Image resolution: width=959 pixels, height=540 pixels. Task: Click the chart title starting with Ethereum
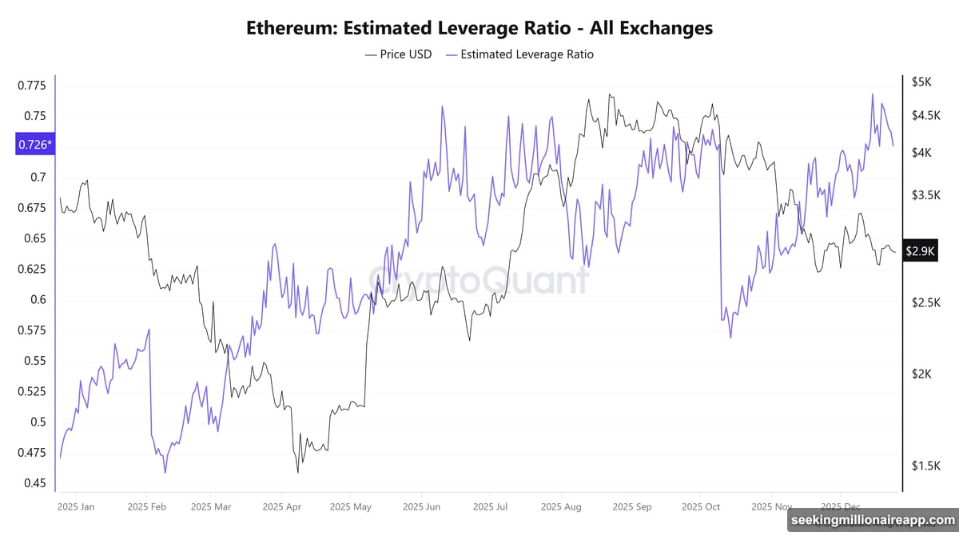[x=479, y=28]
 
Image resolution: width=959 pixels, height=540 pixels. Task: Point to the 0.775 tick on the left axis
[x=33, y=85]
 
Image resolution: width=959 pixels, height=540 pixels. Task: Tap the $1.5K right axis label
[x=925, y=466]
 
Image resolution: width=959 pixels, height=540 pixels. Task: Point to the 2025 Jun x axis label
[x=421, y=506]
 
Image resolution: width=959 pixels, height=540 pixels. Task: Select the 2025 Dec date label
[x=840, y=506]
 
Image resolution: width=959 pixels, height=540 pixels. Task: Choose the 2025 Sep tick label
[x=632, y=506]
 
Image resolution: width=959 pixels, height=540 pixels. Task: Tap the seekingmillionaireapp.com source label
[x=872, y=521]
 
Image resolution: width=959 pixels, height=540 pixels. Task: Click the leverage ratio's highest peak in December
[x=872, y=94]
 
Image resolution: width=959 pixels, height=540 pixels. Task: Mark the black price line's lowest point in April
[x=297, y=473]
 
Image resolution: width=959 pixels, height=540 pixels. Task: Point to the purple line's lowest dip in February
[x=165, y=473]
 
